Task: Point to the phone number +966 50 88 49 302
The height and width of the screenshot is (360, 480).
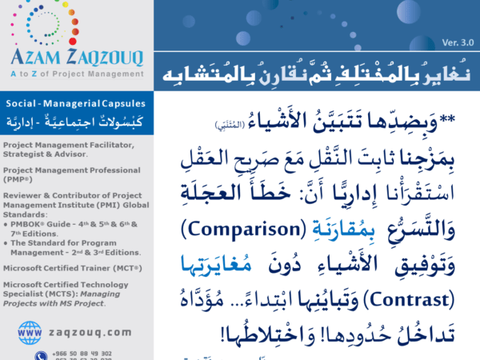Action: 83,351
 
